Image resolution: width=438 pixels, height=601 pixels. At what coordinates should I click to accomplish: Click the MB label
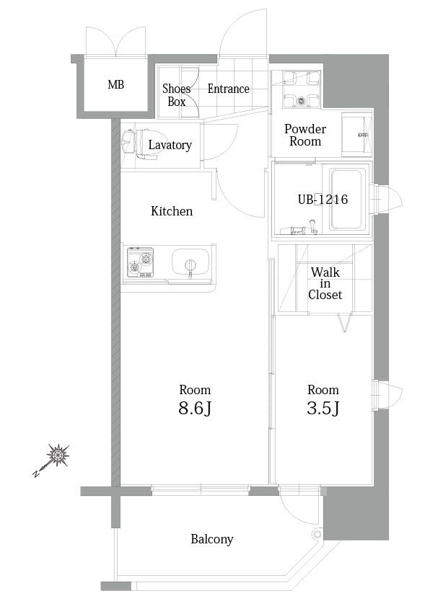pos(116,84)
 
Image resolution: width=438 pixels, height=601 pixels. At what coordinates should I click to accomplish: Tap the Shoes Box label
pos(177,95)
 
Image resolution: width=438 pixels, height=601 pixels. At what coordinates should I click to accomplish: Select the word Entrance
pos(229,89)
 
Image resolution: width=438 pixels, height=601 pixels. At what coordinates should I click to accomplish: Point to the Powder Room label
pos(305,135)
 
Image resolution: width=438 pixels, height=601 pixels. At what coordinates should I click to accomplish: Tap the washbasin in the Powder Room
pos(357,135)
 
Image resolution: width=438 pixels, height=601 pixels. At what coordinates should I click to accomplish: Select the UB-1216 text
pos(323,200)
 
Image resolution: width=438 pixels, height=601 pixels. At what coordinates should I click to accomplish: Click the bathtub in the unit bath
pos(346,200)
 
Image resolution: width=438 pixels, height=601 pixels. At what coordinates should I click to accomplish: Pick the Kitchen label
pos(172,211)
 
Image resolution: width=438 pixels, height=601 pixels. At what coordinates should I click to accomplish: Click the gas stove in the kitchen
pos(141,262)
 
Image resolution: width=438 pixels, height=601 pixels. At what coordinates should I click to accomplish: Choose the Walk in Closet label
pos(325,283)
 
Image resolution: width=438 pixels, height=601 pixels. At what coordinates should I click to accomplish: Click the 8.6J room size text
pos(195,409)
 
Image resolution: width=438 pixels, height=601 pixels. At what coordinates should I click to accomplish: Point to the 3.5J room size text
pos(323,409)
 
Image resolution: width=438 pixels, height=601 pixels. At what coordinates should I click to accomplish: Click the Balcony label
pos(212,539)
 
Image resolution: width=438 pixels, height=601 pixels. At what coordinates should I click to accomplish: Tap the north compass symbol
pos(51,460)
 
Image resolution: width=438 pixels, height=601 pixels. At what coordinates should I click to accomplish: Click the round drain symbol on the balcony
pos(317,533)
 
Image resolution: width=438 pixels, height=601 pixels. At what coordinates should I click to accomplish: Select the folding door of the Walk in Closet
pos(345,322)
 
